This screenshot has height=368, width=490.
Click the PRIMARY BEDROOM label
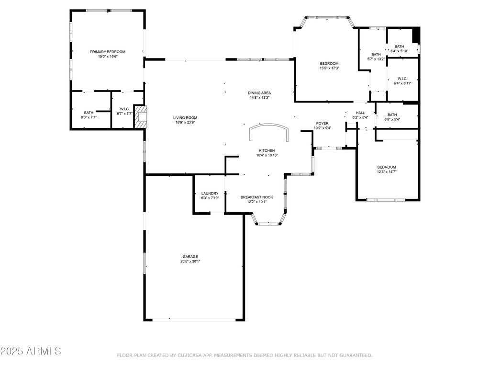pos(108,52)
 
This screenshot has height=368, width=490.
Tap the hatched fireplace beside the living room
pos(140,116)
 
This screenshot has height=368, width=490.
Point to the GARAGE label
pos(190,257)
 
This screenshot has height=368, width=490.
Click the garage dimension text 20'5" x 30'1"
pos(190,261)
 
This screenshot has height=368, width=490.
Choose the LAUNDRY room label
pos(210,194)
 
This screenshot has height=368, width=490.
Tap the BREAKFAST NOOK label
pos(256,197)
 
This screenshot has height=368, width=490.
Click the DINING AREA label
pos(259,93)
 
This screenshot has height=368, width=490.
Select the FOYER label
pos(322,123)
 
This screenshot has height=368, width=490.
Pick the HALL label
pos(360,113)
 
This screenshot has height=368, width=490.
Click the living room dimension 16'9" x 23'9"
pos(185,122)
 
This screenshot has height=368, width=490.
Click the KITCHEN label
pos(267,150)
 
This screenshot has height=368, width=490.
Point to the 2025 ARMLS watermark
pos(31,351)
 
